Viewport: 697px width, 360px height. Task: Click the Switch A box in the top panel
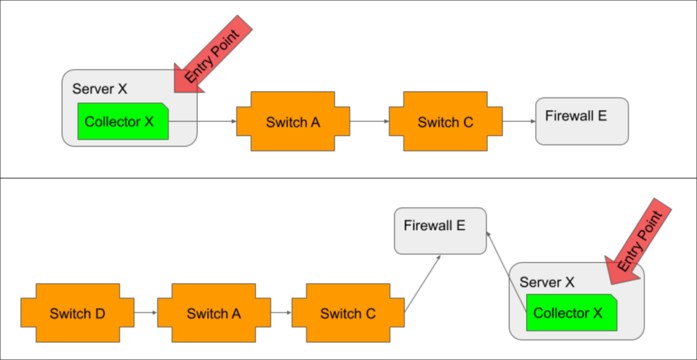tap(293, 122)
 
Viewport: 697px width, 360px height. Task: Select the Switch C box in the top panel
tap(445, 122)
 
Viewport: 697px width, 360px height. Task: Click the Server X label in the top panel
tap(99, 88)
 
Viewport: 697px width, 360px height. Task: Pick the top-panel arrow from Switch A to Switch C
tap(370, 121)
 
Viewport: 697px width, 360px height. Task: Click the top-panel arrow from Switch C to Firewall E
tap(519, 121)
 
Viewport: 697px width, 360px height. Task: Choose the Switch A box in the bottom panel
tap(214, 313)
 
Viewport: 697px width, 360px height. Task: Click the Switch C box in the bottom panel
tap(348, 313)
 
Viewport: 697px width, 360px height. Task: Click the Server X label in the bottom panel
tap(547, 282)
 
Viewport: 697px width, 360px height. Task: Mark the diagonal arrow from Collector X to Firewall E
tap(507, 272)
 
